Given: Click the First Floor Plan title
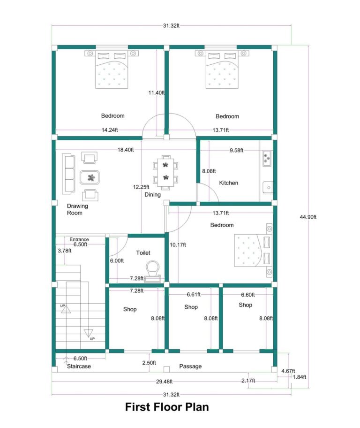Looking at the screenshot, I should [x=166, y=407].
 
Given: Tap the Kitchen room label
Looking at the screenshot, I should [x=229, y=183].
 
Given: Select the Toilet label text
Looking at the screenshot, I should [x=143, y=253].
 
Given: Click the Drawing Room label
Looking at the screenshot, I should [x=77, y=209].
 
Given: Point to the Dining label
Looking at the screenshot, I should [x=153, y=194].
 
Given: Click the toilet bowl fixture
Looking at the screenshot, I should [x=153, y=270].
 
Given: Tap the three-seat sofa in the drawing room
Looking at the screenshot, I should [x=68, y=174].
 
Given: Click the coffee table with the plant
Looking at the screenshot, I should [x=90, y=177].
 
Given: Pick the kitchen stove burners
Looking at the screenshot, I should [x=267, y=158].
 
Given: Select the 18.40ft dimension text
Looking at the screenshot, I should [x=126, y=150].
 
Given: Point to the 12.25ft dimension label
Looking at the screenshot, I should [x=142, y=187].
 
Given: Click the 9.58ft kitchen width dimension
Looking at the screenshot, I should [x=238, y=151].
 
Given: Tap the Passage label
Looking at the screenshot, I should [x=190, y=366].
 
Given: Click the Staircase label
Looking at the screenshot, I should [x=79, y=366].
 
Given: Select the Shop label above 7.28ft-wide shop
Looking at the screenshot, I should [x=130, y=309].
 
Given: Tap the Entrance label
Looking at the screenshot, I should [x=79, y=239].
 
